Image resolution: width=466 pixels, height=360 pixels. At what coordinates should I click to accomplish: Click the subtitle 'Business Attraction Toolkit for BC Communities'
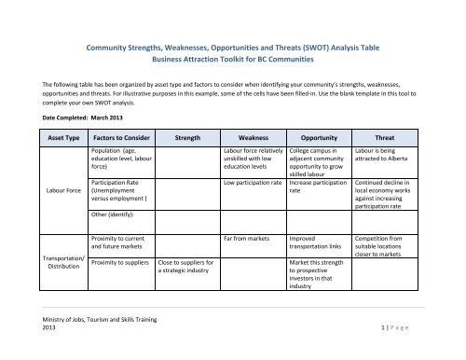pyautogui.click(x=233, y=55)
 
